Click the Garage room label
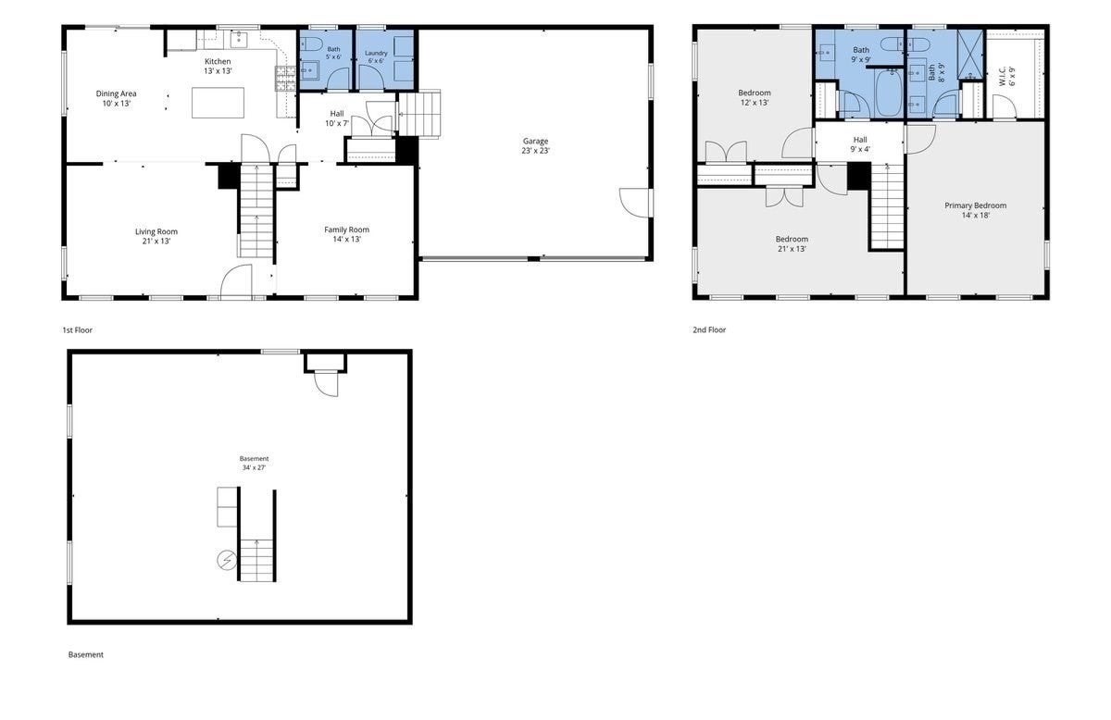pos(535,142)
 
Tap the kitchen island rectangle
pos(218,103)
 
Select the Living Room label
pos(156,231)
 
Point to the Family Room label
pos(346,230)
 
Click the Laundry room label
pos(376,53)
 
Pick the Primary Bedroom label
pos(975,205)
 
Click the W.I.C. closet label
pos(1003,78)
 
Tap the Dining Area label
pos(116,93)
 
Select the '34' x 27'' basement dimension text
pos(254,467)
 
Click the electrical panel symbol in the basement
pos(227,560)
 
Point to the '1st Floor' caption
pos(78,330)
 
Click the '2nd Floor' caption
pos(709,330)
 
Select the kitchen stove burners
pos(285,79)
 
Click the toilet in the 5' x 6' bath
pos(310,44)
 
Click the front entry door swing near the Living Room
pos(236,280)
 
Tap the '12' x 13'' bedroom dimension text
pos(755,103)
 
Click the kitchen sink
pos(239,39)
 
